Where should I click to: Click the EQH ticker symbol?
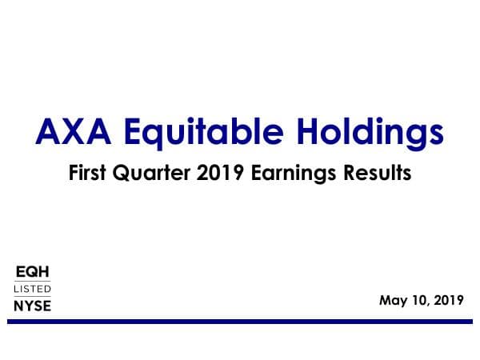coord(32,272)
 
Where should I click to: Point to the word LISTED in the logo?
coord(32,288)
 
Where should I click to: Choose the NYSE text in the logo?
coord(32,305)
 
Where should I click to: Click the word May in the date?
coord(393,301)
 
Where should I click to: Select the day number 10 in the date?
coord(418,301)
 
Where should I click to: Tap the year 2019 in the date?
coord(448,301)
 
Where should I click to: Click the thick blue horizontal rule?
coord(240,322)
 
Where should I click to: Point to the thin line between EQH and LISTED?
coord(32,280)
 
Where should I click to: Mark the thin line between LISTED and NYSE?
coord(32,296)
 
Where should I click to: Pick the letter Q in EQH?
coord(32,272)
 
